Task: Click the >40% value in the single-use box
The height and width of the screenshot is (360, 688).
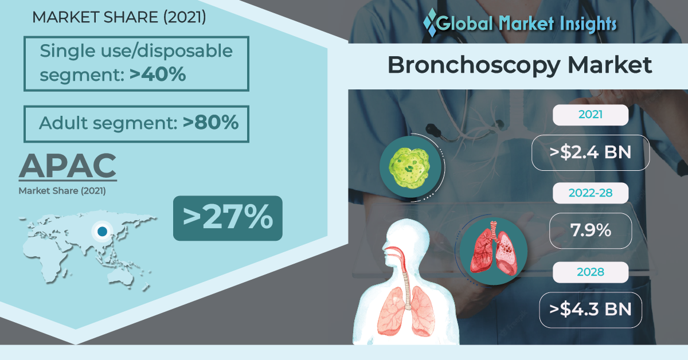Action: (x=158, y=74)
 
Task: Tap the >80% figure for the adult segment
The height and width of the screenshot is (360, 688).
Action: (x=210, y=122)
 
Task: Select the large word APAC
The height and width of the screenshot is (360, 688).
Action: (x=68, y=166)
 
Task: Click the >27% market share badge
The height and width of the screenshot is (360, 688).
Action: (x=228, y=218)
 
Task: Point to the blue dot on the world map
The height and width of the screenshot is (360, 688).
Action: (x=102, y=231)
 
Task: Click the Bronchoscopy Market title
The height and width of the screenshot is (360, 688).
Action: (x=519, y=66)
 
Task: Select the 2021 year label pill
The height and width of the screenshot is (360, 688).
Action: (x=591, y=115)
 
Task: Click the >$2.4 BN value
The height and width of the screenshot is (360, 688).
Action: (x=591, y=152)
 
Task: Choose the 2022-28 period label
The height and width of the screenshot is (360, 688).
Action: (x=591, y=193)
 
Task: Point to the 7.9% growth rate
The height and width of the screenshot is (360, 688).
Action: (x=591, y=230)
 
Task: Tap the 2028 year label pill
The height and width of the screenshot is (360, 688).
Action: (x=591, y=272)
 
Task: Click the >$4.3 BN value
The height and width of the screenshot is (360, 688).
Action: (x=591, y=310)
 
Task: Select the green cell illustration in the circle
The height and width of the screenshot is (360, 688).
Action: (x=411, y=168)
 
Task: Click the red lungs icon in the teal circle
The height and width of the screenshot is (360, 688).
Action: (x=494, y=248)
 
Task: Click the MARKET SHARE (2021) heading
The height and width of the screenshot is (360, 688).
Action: (x=119, y=17)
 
